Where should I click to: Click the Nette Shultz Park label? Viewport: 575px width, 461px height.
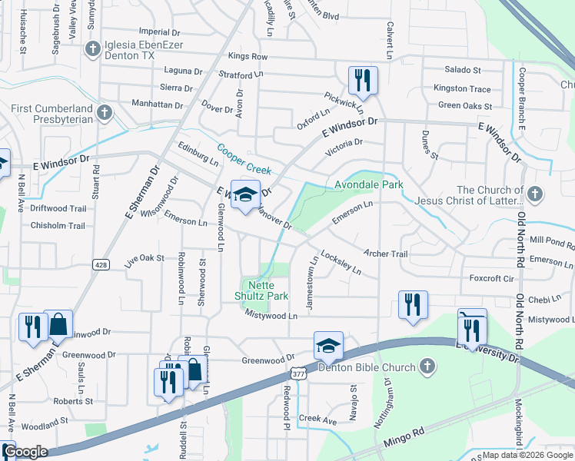[261, 290]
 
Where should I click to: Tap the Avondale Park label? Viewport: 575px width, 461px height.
[368, 185]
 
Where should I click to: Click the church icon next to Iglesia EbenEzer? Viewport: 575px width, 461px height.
[92, 49]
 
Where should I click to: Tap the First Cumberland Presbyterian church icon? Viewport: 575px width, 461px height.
[105, 114]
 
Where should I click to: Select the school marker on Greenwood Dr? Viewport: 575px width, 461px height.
[327, 346]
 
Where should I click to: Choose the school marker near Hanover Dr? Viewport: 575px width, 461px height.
[245, 195]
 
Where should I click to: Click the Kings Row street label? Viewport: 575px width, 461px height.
[248, 57]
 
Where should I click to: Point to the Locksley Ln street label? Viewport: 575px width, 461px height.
[341, 263]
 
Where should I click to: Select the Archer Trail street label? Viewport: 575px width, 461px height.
[386, 253]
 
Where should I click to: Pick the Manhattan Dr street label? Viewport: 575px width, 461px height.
[158, 104]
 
